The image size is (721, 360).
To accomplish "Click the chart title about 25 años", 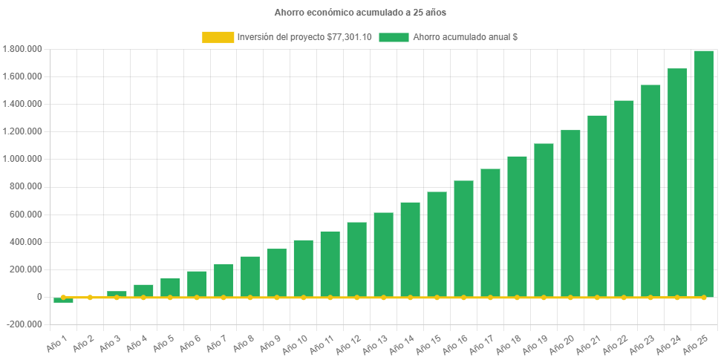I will coord(360,13).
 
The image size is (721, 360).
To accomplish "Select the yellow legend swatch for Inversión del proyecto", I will coord(218,37).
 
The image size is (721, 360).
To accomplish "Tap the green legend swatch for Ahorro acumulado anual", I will coord(394,37).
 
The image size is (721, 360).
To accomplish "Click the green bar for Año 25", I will coord(703,174).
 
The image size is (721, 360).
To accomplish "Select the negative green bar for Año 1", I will coord(63,300).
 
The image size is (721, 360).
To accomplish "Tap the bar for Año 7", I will coord(224,281).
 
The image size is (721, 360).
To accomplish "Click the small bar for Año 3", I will coord(117,294).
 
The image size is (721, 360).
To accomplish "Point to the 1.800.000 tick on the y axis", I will coord(22,49).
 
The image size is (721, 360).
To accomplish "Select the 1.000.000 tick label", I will coord(22,159).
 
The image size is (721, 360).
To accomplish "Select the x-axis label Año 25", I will coord(699,342).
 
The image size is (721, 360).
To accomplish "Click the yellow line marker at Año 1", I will coord(63,297).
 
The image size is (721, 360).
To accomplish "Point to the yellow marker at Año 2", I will coord(90,297).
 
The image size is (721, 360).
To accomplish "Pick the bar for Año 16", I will coord(463,238).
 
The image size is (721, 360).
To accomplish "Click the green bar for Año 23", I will coord(650,191).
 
